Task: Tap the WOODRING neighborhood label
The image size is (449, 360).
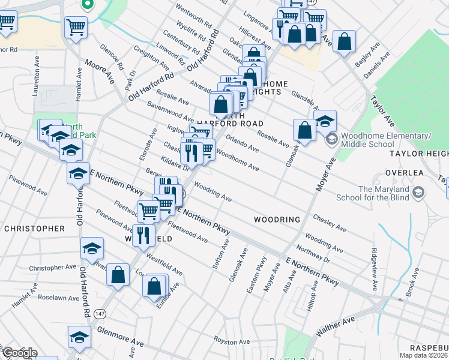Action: (x=277, y=220)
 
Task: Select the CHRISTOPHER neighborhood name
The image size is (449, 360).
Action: (x=34, y=229)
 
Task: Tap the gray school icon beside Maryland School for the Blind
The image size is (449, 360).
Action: (x=418, y=193)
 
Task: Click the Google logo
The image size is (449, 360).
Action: (x=19, y=353)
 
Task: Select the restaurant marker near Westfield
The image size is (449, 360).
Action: (x=143, y=235)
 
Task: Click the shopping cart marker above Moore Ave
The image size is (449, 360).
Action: (x=76, y=26)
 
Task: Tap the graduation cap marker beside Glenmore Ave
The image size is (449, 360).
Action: (x=79, y=337)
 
